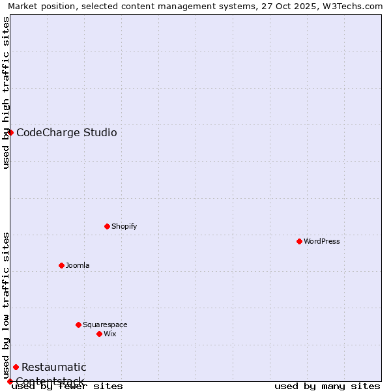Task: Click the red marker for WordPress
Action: [299, 241]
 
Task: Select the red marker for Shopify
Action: [107, 226]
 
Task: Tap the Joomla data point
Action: [61, 265]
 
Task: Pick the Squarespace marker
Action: [78, 325]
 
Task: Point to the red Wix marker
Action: [99, 334]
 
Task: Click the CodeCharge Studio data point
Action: [10, 132]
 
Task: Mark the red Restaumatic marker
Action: [16, 367]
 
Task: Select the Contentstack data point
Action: [10, 381]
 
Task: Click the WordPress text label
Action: [322, 241]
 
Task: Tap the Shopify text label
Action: [124, 226]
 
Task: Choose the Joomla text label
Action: [78, 265]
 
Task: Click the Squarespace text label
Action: [105, 325]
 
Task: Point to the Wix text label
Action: [109, 334]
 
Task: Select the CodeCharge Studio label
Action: [66, 133]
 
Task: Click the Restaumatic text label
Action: [53, 368]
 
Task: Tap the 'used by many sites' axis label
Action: [327, 386]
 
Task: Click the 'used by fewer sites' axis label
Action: [68, 386]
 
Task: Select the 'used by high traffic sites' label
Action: [6, 93]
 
